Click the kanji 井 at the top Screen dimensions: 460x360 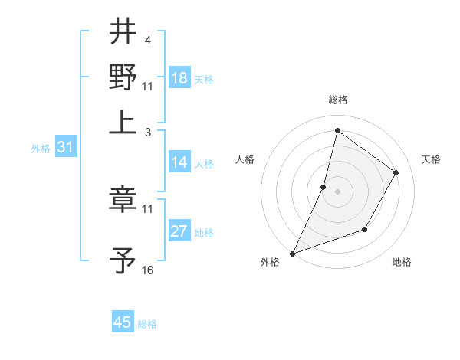point(123,31)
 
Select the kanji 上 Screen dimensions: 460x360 point(123,122)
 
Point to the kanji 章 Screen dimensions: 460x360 point(123,199)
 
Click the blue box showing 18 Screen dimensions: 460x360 point(179,78)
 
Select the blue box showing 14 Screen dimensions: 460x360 point(179,162)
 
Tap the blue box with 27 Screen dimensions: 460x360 point(179,231)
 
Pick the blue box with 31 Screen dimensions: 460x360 point(65,147)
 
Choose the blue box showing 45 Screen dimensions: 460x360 point(123,322)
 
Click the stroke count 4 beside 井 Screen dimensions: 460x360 point(147,41)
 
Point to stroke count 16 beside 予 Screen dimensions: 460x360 point(147,270)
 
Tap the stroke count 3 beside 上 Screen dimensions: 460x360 point(147,132)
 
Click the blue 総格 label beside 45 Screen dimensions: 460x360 point(147,324)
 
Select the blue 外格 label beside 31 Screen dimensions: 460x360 point(40,149)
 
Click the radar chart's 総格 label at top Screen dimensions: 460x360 point(337,100)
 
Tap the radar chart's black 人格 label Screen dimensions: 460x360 point(245,159)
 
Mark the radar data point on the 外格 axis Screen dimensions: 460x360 point(292,253)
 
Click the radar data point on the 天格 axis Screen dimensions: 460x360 point(396,172)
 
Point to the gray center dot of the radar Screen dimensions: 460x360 point(337,191)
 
